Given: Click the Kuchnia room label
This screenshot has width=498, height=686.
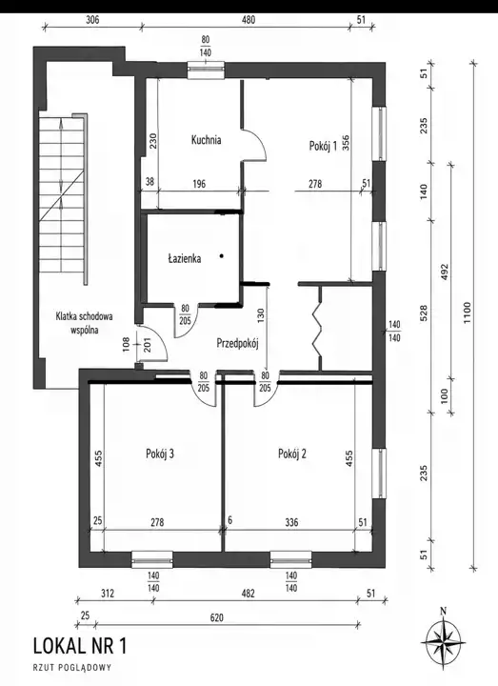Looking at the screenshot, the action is pos(206,140).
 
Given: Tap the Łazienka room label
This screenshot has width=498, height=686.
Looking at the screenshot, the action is pos(185,258).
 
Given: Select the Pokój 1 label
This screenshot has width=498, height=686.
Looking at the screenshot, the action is pos(323,146).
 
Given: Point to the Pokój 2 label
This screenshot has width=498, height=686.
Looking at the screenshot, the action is pos(292,454).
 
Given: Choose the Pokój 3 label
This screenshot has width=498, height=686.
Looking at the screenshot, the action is pos(160,454).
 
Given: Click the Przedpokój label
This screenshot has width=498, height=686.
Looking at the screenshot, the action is pos(238,344).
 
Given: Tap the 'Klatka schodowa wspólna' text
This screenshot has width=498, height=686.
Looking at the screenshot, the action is pos(84,323).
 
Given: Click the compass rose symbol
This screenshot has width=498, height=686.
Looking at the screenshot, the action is pos(443,642).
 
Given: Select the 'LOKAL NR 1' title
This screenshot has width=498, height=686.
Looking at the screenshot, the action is pos(80,647).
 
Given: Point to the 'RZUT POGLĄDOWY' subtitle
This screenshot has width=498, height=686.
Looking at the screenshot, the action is pos(72,668).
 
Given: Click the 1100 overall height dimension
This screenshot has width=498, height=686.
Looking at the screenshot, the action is pos(467,313).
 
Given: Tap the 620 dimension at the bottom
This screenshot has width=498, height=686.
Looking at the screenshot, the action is pos(216,617).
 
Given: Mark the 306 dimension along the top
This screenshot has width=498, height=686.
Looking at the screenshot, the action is pos(92,20).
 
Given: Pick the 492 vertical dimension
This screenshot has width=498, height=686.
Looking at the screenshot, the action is pos(445,272).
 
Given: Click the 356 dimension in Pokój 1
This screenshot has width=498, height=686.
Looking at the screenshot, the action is pos(346,143).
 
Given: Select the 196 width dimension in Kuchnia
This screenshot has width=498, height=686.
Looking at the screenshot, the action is pos(199,184).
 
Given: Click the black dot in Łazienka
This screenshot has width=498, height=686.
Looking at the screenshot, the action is pos(222,256).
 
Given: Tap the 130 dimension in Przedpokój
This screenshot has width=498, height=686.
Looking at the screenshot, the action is pos(261,316).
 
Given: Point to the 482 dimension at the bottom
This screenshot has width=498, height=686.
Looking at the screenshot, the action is pos(248,594).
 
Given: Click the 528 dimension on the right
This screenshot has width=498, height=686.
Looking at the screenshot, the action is pos(424,313).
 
